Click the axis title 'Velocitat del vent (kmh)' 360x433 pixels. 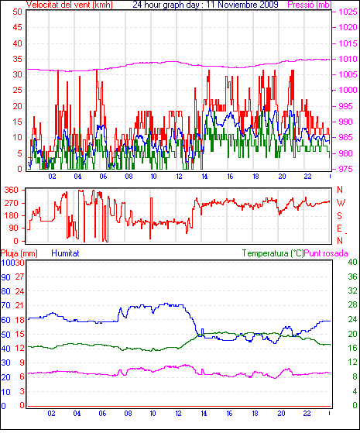click(70, 5)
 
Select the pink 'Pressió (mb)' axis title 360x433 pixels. click(310, 5)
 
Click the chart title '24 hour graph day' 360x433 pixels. click(166, 5)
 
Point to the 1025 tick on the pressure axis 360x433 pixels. click(348, 12)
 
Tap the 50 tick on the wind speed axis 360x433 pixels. click(17, 12)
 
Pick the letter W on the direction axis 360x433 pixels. click(341, 203)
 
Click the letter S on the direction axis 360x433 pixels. click(340, 215)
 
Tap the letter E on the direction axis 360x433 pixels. click(340, 228)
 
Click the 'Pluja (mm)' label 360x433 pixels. click(19, 253)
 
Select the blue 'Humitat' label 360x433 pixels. click(66, 253)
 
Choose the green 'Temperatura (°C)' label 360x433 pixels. click(273, 253)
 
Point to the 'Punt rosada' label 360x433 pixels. click(326, 253)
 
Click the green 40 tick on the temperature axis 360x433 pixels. click(352, 262)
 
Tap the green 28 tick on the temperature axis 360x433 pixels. click(352, 305)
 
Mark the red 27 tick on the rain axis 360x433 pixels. click(19, 277)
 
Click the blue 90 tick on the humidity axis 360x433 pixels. click(5, 277)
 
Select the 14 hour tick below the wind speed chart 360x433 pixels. click(204, 176)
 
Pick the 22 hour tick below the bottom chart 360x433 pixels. click(307, 414)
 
